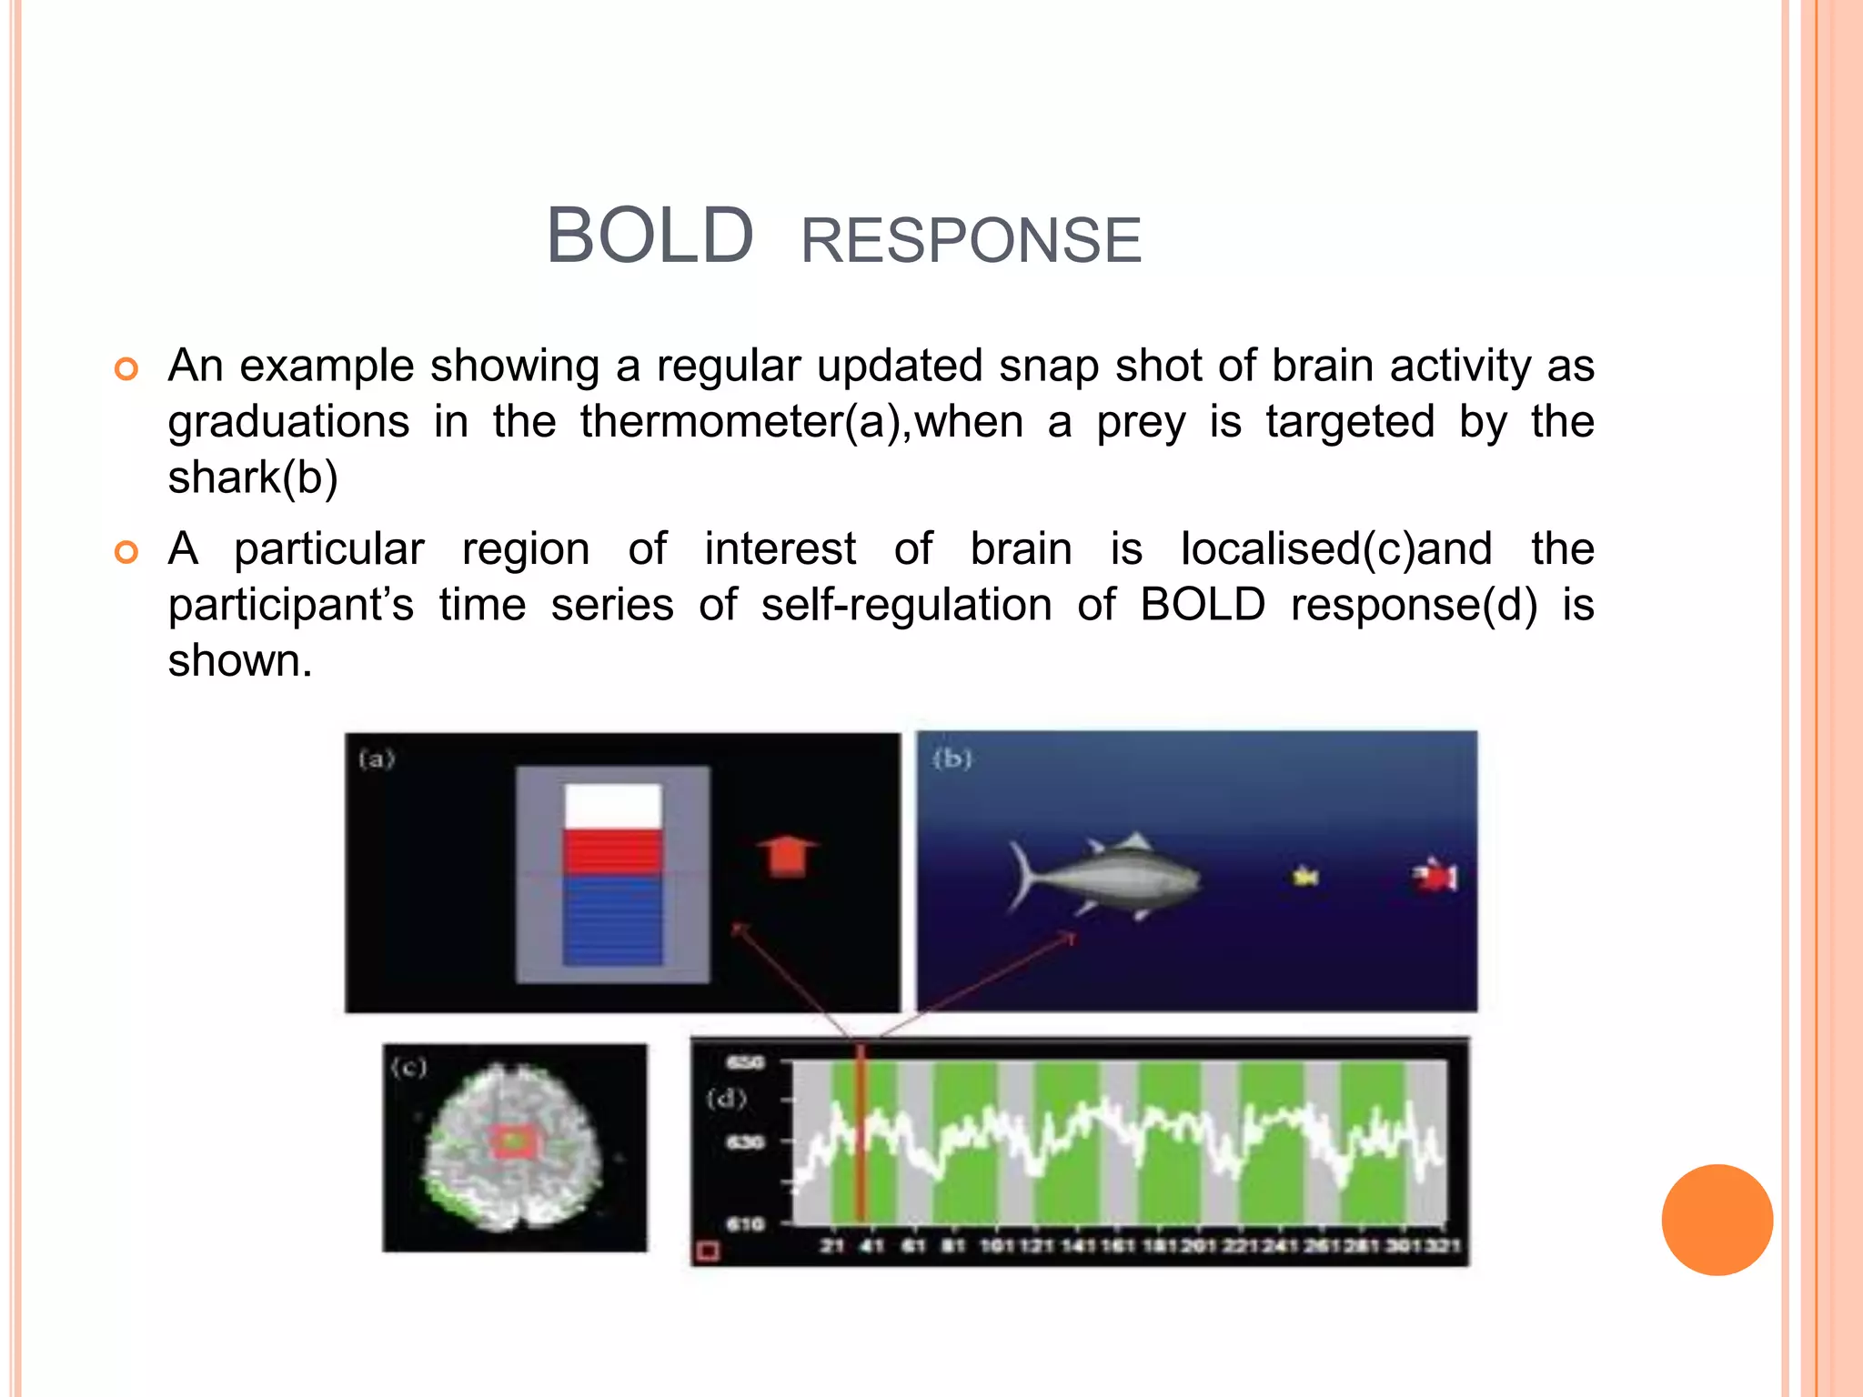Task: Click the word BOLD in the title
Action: [x=650, y=236]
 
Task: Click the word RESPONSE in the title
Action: [x=971, y=241]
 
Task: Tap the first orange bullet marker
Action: [x=126, y=368]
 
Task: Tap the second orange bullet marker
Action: [x=126, y=552]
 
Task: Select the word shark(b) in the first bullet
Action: [x=253, y=477]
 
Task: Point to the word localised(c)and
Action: [x=1335, y=549]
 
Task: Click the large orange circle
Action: [x=1717, y=1220]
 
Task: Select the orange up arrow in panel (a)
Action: [x=788, y=856]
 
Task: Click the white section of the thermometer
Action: [x=612, y=806]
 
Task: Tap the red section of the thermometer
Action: [x=612, y=852]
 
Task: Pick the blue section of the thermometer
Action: [x=612, y=920]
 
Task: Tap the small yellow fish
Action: [x=1306, y=876]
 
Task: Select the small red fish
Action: [x=1435, y=876]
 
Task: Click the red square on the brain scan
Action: [x=513, y=1142]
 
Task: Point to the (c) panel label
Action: [x=408, y=1067]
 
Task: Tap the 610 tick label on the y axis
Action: [x=745, y=1224]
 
